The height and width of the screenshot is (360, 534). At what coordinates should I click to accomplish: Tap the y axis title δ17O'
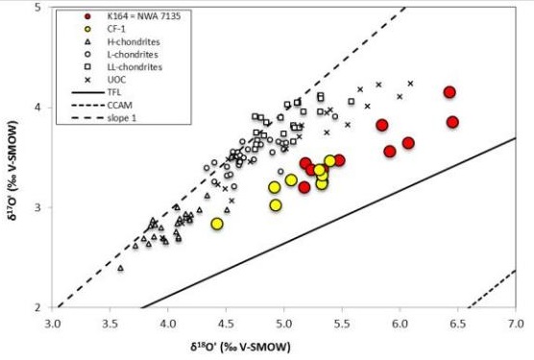point(12,158)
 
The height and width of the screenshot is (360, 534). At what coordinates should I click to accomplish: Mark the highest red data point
point(449,92)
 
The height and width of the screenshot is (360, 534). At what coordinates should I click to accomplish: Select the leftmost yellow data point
point(217,224)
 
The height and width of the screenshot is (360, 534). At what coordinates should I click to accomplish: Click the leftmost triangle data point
point(121,268)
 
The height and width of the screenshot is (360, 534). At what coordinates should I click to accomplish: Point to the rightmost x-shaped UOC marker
point(410,84)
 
